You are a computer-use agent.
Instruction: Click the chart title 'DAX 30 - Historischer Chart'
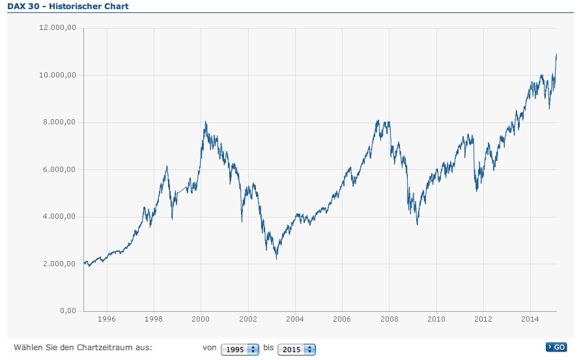[68, 7]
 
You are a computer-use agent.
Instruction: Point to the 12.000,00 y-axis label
[59, 28]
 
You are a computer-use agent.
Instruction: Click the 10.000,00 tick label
[59, 75]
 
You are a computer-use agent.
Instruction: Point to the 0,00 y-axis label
[68, 311]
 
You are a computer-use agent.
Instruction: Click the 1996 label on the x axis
[107, 320]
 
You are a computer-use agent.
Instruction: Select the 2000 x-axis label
[201, 320]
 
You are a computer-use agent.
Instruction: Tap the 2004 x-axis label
[295, 320]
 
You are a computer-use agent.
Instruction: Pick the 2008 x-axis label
[389, 320]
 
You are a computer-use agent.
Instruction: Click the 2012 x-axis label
[483, 320]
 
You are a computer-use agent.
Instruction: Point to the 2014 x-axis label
[530, 320]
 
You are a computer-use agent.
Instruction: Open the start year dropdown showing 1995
[240, 350]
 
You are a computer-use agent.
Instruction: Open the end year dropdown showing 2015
[296, 350]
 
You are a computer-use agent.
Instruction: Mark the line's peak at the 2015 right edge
[556, 54]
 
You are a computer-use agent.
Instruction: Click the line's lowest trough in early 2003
[276, 259]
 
